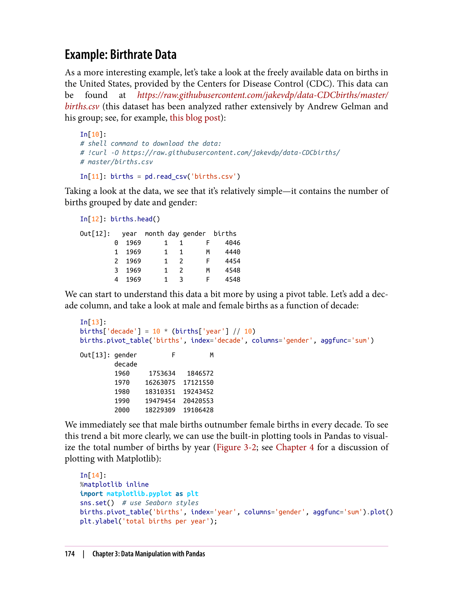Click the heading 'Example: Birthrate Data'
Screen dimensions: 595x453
120,55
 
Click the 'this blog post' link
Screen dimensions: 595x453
195,118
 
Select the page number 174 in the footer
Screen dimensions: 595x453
70,554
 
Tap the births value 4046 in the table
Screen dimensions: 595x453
232,243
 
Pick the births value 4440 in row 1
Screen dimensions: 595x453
232,252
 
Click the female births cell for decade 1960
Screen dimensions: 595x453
162,373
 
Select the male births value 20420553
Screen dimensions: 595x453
198,401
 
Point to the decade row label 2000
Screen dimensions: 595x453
122,410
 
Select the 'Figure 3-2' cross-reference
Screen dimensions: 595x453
236,447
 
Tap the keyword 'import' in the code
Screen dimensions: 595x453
91,494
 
